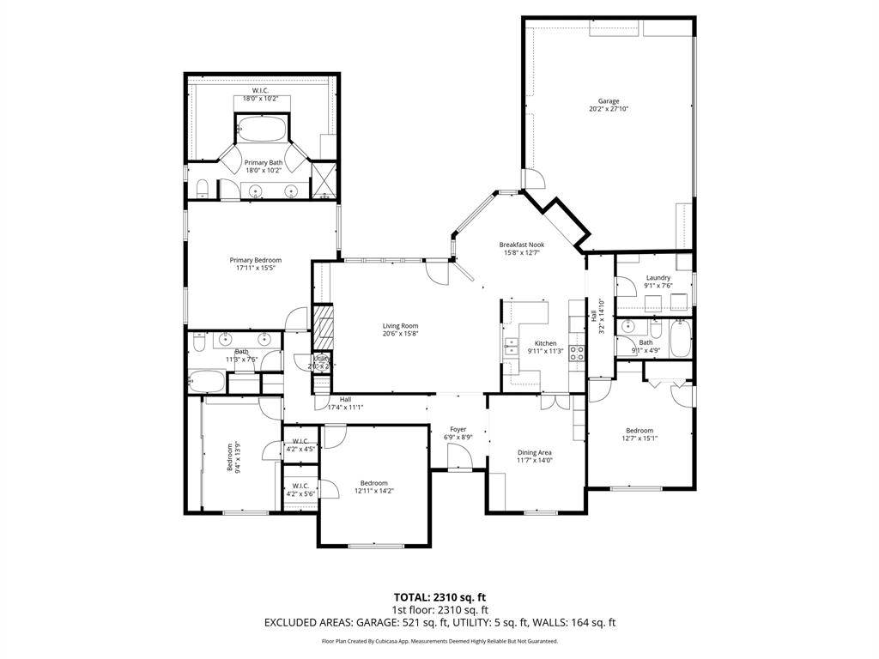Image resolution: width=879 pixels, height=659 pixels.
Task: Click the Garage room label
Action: (x=609, y=101)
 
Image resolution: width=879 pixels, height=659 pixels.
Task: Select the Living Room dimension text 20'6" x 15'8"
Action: (x=400, y=334)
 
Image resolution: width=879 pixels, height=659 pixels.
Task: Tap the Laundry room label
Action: (x=658, y=277)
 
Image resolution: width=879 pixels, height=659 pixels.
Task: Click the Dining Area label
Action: (x=534, y=452)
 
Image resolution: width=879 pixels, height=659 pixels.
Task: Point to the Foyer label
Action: (x=458, y=429)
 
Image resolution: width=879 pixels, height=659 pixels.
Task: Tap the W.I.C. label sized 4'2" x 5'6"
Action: (x=300, y=486)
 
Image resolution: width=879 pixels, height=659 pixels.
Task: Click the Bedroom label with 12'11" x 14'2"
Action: (x=373, y=482)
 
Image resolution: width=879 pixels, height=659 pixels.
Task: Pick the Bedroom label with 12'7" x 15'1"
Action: (x=639, y=430)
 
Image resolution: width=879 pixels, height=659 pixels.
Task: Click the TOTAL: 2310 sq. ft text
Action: (x=439, y=596)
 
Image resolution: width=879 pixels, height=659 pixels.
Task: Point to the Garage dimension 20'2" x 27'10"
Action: (x=609, y=109)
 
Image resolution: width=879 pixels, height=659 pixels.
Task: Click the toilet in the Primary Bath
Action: (x=203, y=189)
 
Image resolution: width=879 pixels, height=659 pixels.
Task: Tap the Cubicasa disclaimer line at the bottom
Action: (x=439, y=641)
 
